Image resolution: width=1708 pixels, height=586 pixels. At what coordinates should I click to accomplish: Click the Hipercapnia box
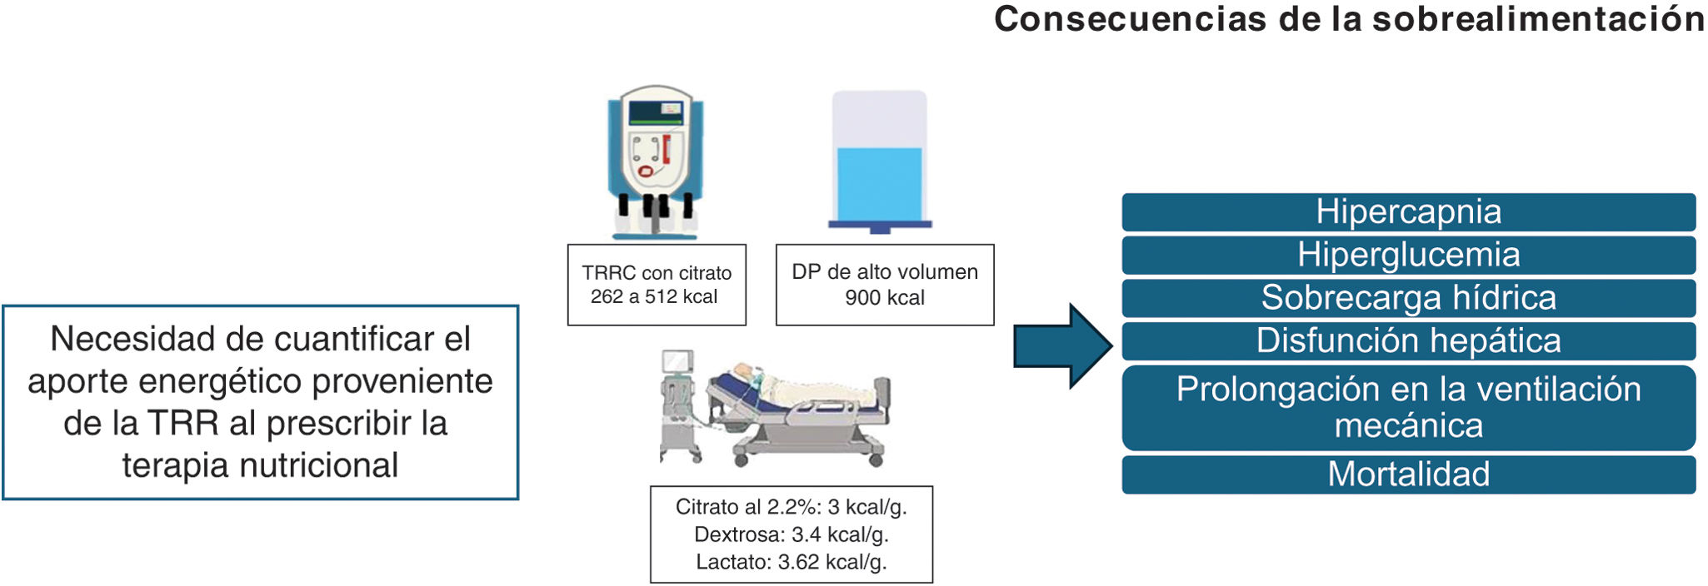(1408, 212)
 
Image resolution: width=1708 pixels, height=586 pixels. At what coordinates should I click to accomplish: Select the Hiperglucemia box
(1408, 255)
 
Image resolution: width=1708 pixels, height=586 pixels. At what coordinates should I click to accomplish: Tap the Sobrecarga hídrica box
(1408, 298)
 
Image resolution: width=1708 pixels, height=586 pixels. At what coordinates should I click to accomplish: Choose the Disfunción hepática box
(1408, 341)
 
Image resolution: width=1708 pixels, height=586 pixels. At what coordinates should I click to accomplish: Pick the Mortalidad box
(1408, 474)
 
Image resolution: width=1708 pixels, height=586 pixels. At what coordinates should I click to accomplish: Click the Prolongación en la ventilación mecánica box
(1408, 408)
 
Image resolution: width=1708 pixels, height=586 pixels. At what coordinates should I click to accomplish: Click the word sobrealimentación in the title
(1538, 20)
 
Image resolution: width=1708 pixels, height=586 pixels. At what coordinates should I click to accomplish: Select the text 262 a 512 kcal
(654, 297)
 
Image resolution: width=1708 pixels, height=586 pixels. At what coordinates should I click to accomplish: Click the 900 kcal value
(885, 298)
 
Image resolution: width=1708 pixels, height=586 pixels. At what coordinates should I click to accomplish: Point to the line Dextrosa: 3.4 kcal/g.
(792, 534)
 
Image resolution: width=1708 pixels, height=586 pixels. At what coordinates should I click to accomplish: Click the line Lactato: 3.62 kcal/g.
(792, 562)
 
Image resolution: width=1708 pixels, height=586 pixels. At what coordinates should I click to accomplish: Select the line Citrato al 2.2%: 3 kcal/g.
(792, 507)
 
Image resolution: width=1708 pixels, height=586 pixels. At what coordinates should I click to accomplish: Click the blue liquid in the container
(879, 185)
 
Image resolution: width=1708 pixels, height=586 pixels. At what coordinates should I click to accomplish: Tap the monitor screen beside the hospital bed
(677, 361)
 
